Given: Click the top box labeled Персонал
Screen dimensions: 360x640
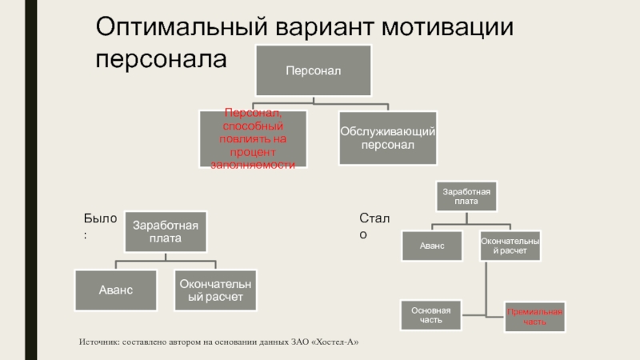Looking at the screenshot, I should pos(314,71).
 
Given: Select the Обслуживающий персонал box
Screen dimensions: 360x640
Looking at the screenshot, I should pos(387,137).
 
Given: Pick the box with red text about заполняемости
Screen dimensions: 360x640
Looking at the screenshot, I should pos(253,138).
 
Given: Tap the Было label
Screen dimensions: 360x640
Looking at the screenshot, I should pos(100,218).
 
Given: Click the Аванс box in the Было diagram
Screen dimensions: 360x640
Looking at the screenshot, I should pos(117,290).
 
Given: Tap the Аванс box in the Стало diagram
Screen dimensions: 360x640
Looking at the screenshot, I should pos(431,246).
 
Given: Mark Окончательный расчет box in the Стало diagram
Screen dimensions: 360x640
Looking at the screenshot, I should pos(510,246).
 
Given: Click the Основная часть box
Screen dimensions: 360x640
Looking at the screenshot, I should pos(431,315).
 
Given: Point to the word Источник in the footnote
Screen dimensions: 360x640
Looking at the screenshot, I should pos(102,342).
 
